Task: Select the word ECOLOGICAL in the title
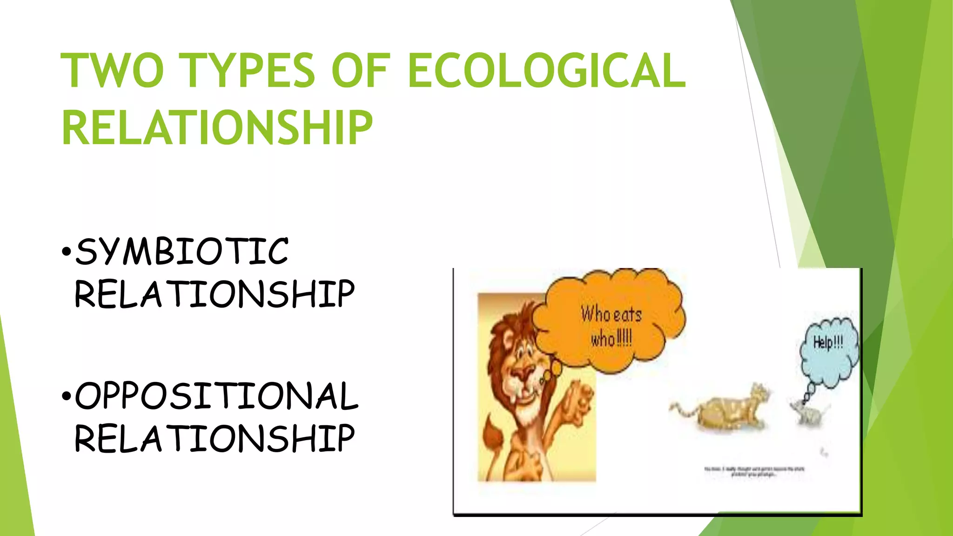coord(546,70)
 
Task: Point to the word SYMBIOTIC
coord(182,251)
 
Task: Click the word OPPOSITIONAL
coord(216,396)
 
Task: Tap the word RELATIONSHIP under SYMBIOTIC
coord(215,294)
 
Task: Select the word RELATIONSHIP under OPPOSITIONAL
coord(215,438)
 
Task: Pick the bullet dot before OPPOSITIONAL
coord(67,397)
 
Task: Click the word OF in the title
coord(360,70)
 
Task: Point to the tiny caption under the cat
coord(754,471)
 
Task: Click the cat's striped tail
coord(682,409)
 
